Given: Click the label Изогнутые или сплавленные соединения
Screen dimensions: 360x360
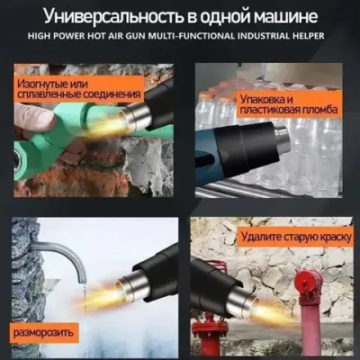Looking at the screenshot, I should [78, 87].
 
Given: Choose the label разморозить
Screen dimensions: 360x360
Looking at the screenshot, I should [41, 334].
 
